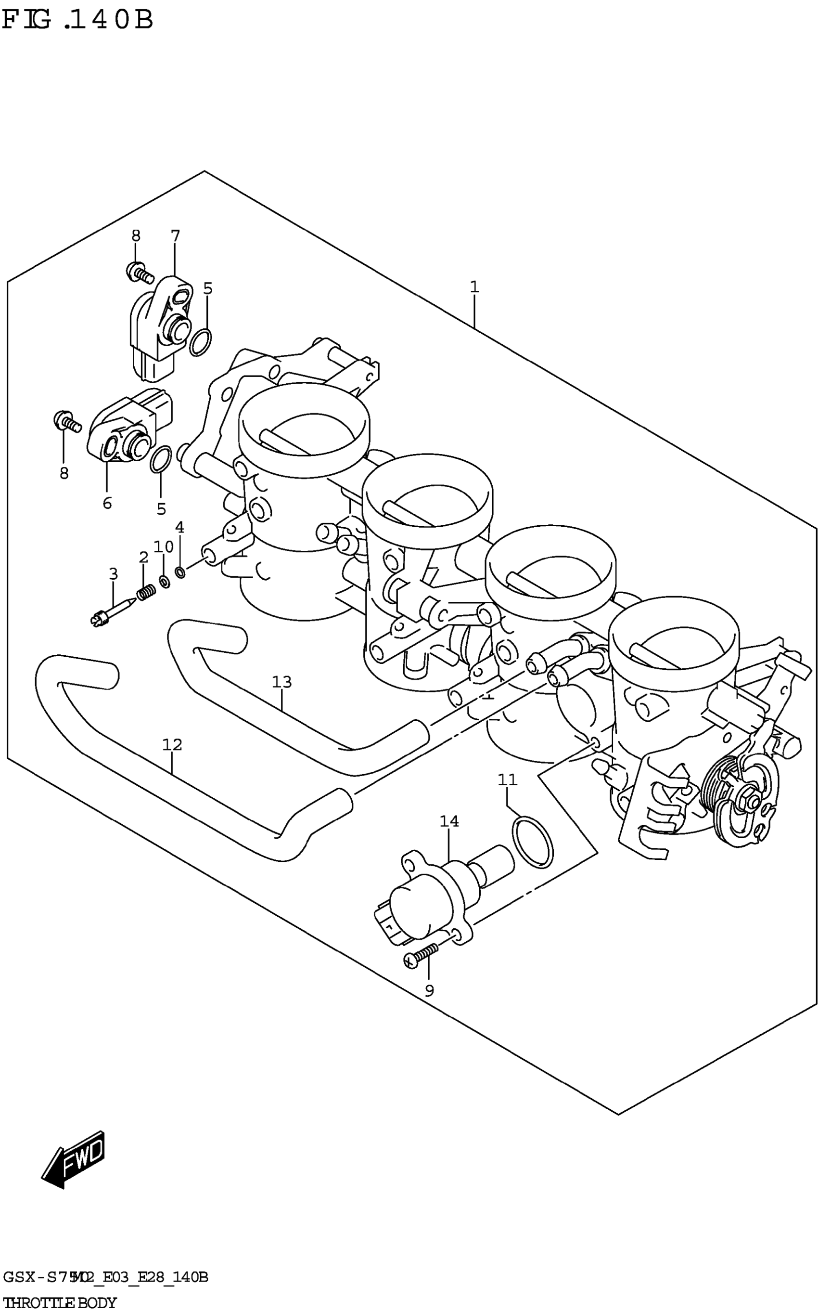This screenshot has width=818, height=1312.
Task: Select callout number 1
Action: (474, 287)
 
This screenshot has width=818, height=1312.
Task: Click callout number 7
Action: (175, 236)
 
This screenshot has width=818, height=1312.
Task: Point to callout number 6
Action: (107, 503)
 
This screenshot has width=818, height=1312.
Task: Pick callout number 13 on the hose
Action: (282, 682)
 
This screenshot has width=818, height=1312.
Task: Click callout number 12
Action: (172, 745)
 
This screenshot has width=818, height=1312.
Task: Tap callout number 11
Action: (508, 780)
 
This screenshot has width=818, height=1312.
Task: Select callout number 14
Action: (449, 821)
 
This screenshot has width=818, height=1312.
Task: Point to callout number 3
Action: (113, 574)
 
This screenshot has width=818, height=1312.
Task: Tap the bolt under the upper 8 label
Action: (140, 272)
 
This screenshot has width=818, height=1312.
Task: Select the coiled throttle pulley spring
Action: (719, 790)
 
